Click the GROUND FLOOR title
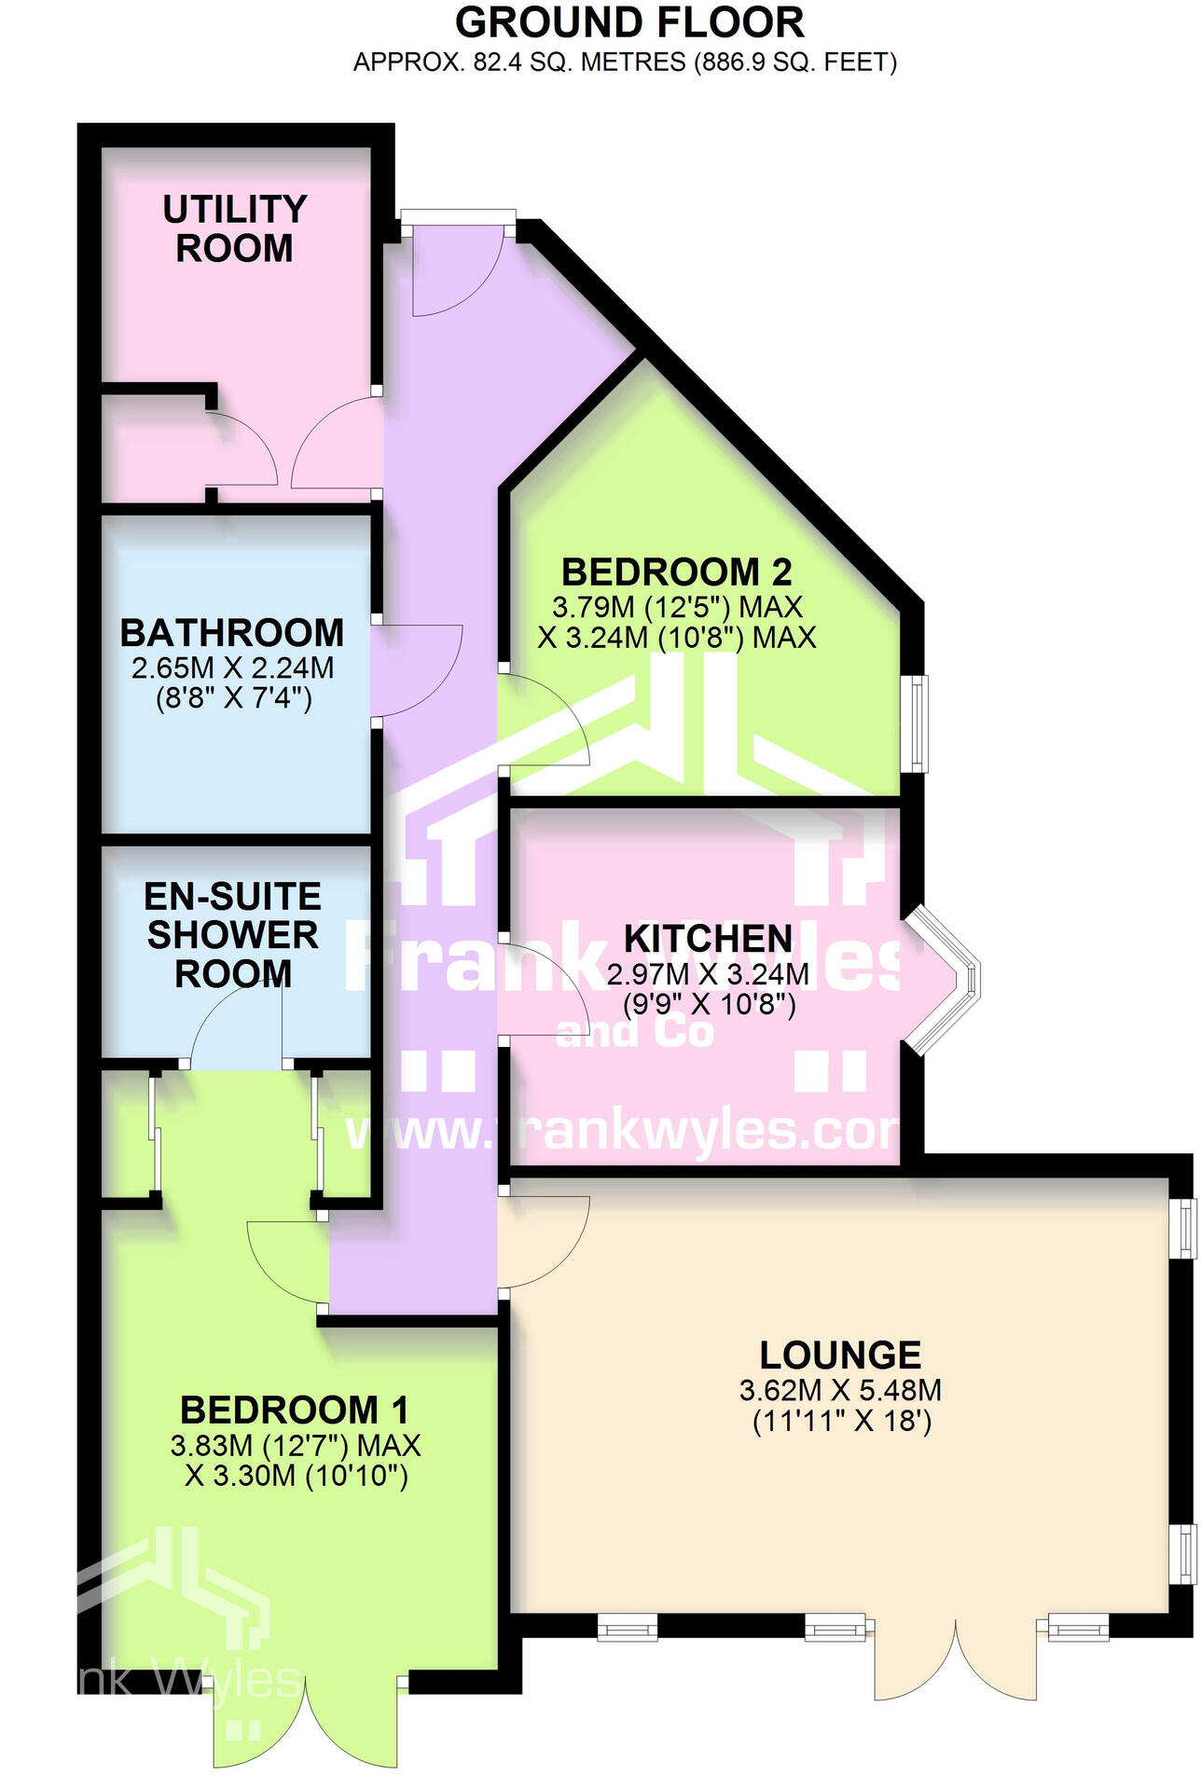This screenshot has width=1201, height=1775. pyautogui.click(x=629, y=22)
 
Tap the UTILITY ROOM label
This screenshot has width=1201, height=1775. pyautogui.click(x=234, y=228)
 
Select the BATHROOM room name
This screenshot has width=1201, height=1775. pyautogui.click(x=232, y=633)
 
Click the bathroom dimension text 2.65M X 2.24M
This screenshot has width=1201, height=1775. pyautogui.click(x=232, y=667)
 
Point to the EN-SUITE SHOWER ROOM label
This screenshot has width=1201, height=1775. pyautogui.click(x=233, y=934)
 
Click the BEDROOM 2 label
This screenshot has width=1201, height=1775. pyautogui.click(x=676, y=571)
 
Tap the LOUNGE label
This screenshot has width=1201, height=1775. pyautogui.click(x=840, y=1355)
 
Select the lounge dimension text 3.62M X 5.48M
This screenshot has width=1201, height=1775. pyautogui.click(x=840, y=1391)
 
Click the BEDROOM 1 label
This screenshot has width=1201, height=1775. pyautogui.click(x=295, y=1410)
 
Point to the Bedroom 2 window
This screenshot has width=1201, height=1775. pyautogui.click(x=919, y=723)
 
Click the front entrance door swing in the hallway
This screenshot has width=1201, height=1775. pyautogui.click(x=457, y=270)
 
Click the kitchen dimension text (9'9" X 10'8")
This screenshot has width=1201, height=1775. pyautogui.click(x=708, y=1005)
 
